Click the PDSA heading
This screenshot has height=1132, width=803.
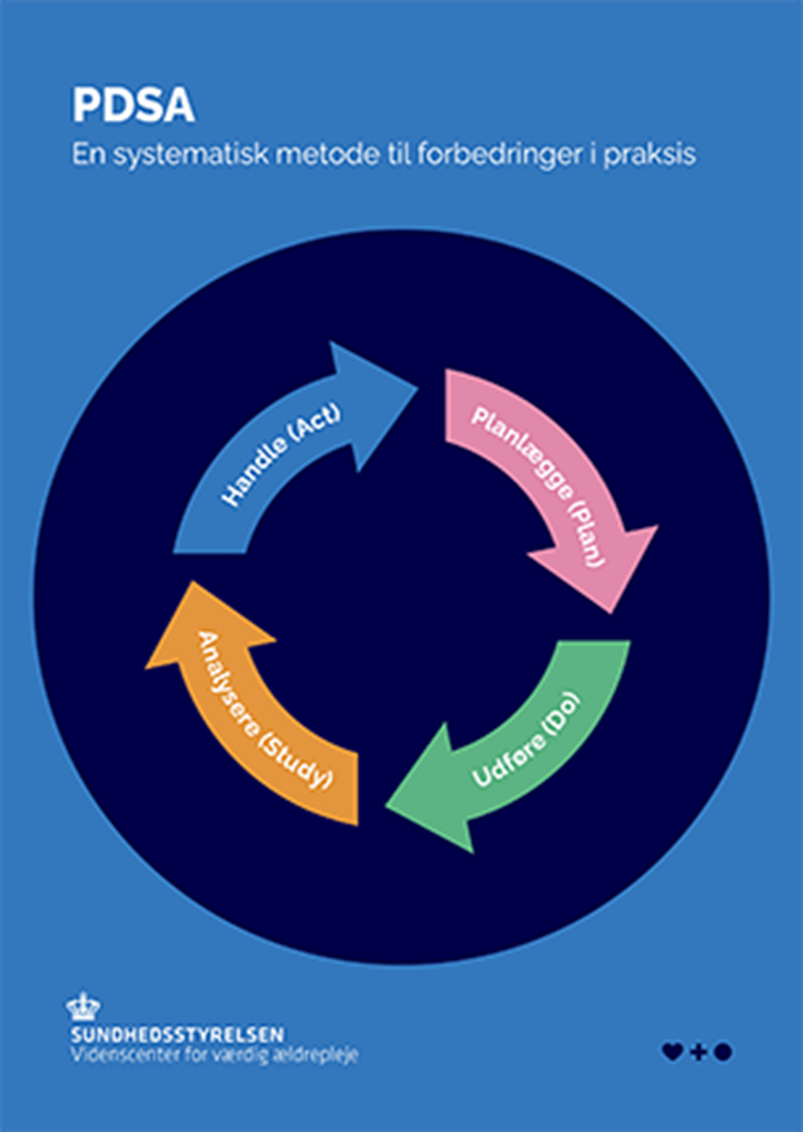point(133,105)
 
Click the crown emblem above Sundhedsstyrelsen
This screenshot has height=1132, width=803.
point(83,1007)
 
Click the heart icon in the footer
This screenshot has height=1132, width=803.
point(672,1052)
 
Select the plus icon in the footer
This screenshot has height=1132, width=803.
point(698,1052)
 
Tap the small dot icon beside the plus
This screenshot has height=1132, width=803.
point(724,1052)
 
